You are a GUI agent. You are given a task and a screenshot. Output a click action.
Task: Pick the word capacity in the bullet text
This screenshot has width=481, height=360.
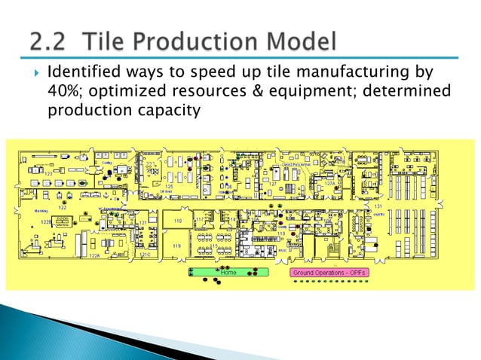164,111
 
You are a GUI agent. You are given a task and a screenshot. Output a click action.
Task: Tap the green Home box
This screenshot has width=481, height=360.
228,270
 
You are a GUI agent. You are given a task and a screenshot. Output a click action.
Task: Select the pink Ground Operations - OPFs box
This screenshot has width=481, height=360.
328,270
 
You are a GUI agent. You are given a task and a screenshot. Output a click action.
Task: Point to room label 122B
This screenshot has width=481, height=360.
45,222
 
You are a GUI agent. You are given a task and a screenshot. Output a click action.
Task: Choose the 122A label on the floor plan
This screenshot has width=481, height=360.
93,256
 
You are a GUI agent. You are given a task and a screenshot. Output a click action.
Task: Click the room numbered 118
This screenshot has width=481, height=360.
178,220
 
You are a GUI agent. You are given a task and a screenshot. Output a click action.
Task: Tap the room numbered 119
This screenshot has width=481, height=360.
176,246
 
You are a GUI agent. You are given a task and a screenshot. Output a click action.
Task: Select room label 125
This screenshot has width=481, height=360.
169,185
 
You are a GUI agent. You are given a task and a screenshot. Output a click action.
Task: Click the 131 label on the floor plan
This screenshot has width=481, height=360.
378,205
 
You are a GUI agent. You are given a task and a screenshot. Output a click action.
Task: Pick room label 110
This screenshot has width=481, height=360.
281,233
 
